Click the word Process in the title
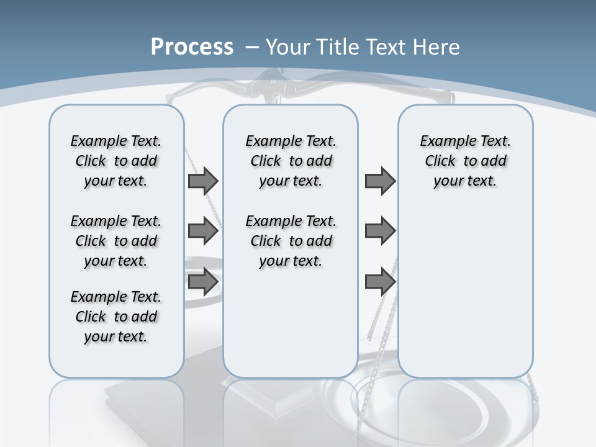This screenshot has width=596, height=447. tap(192, 47)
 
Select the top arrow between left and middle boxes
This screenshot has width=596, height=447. tap(203, 181)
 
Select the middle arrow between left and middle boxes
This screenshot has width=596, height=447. tap(203, 231)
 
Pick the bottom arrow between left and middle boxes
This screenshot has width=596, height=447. tap(203, 282)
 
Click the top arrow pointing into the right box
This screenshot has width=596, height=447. tap(380, 181)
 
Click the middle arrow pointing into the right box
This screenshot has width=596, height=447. tap(380, 231)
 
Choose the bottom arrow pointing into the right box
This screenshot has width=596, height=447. tap(380, 282)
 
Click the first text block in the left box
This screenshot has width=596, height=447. tap(116, 161)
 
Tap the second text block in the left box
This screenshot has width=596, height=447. tap(116, 241)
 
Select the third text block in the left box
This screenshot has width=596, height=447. tap(116, 317)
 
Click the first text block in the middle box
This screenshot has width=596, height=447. tap(291, 161)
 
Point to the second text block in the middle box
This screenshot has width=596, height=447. tap(291, 241)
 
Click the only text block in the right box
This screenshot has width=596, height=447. tap(465, 161)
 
